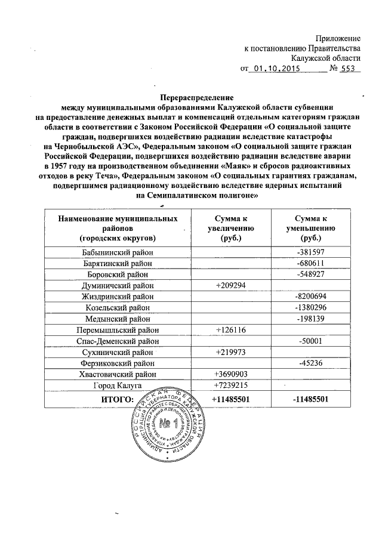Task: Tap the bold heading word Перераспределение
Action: point(197,97)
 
